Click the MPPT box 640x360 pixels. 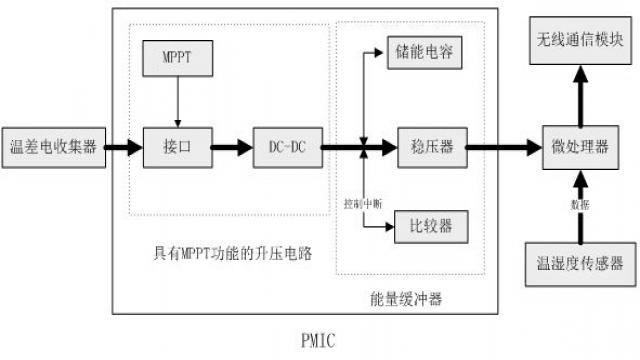pyautogui.click(x=176, y=59)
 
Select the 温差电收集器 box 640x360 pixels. pyautogui.click(x=51, y=147)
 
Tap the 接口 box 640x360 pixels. pyautogui.click(x=176, y=147)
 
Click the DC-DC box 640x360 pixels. pyautogui.click(x=287, y=147)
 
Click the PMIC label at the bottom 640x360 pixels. pyautogui.click(x=319, y=340)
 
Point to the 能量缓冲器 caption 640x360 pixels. pyautogui.click(x=399, y=299)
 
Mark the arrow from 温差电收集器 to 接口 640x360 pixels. pyautogui.click(x=122, y=148)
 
